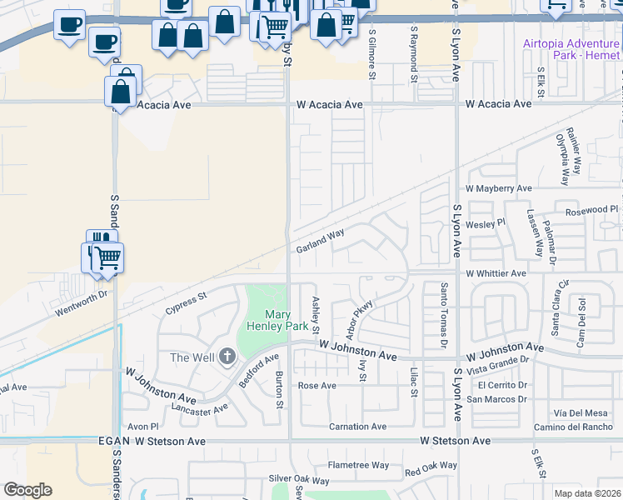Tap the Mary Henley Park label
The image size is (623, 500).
point(275,321)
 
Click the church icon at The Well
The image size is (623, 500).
point(227,358)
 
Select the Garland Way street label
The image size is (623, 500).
point(320,242)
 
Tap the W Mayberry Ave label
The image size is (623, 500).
point(498,189)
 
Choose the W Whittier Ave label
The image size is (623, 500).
point(496,273)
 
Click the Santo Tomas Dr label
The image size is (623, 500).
point(443,315)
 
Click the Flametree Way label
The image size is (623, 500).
point(358,465)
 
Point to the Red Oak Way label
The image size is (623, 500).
point(431,469)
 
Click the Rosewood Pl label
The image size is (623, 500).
point(592,209)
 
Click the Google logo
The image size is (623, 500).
point(27,490)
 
